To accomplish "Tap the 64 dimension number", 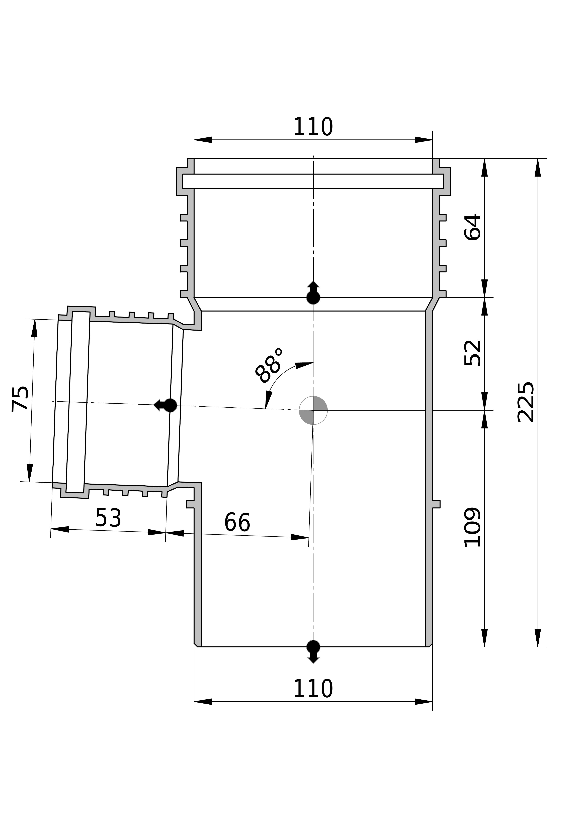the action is (472, 227).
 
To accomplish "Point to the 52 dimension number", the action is (472, 353).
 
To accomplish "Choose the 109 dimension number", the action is (472, 527).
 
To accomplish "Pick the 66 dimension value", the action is (237, 522).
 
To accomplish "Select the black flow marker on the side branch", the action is (165, 405).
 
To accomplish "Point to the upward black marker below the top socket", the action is (313, 292).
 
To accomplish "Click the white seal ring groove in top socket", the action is (313, 181).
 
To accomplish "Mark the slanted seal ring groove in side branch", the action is (78, 402).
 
